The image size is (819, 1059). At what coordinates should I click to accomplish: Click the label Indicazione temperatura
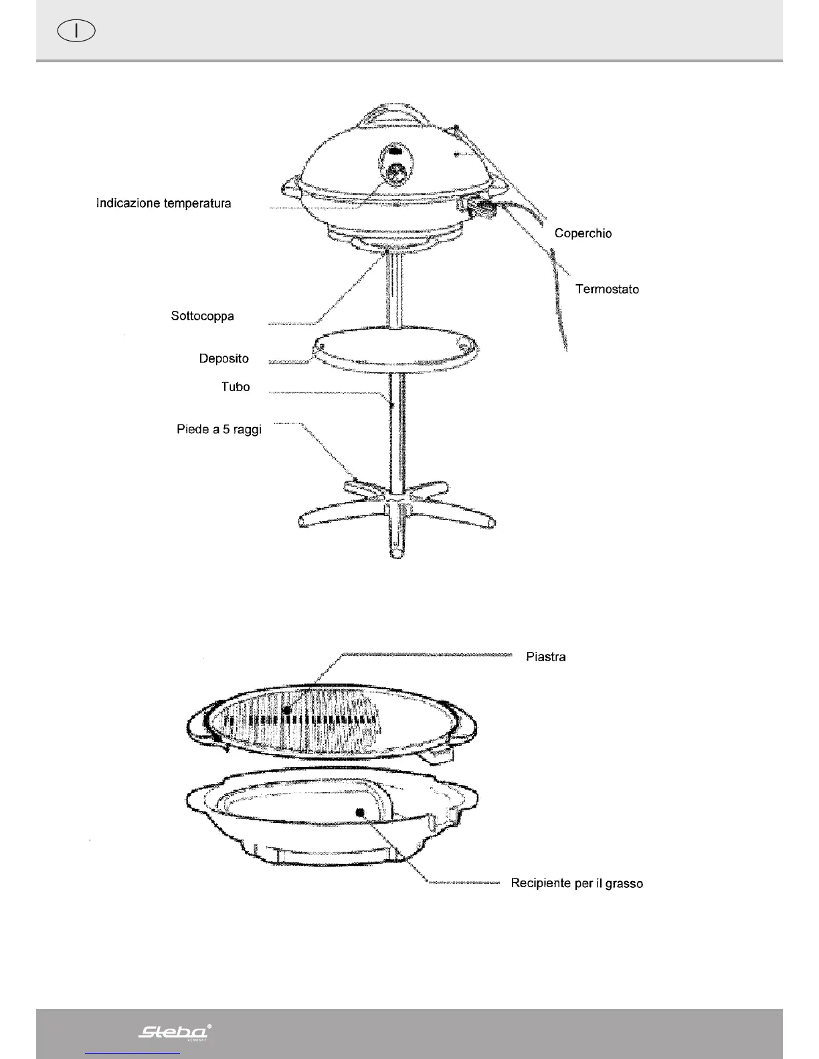click(x=163, y=203)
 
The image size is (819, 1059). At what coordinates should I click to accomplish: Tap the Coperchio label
click(x=583, y=233)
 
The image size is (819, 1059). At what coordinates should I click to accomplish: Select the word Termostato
click(x=607, y=289)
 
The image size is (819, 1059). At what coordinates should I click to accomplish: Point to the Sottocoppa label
click(x=202, y=316)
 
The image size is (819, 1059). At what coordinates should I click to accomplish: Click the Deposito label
click(x=223, y=359)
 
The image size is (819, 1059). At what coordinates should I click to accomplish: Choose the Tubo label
click(x=236, y=387)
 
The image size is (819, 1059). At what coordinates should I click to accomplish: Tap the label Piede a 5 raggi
click(x=219, y=430)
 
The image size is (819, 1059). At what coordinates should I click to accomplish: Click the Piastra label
click(x=545, y=657)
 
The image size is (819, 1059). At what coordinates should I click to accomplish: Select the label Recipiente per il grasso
click(x=577, y=884)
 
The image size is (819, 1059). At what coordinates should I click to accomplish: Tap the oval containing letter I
click(x=76, y=31)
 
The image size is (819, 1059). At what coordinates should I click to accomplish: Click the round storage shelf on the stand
click(x=395, y=348)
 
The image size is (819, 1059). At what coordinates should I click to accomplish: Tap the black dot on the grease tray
click(x=360, y=812)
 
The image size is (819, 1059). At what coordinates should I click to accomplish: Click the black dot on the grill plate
click(x=287, y=709)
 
